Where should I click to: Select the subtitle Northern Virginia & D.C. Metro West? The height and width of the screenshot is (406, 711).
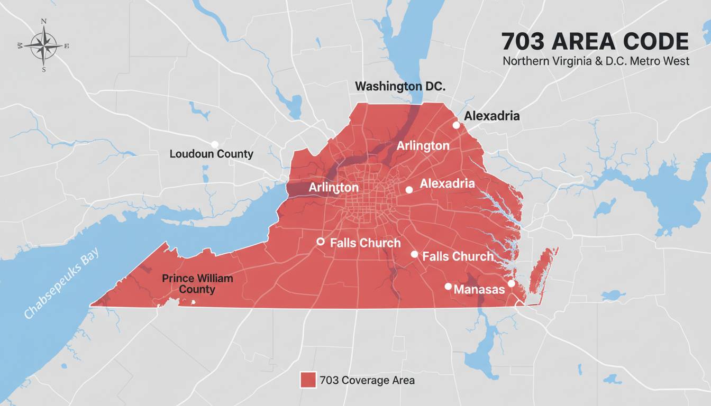pos(596,61)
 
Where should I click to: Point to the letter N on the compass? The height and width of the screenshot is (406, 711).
pos(43,22)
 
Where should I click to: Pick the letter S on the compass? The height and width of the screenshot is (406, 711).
pos(43,69)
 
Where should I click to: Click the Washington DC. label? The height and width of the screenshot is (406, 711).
pos(400,86)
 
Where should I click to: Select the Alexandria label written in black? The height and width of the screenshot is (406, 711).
pos(492,116)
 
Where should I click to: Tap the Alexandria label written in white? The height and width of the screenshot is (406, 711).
pos(447,183)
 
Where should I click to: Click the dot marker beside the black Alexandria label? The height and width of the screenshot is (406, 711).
pos(456,125)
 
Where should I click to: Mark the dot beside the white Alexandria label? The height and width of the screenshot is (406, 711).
pos(409,190)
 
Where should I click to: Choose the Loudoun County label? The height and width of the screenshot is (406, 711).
pos(211,154)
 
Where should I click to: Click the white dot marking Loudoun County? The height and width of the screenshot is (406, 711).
pos(214,144)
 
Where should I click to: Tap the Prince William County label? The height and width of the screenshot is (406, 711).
pos(197,283)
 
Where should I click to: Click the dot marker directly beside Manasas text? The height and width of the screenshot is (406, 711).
pos(448,287)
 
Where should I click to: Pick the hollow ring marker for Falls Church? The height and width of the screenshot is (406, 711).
pos(320,242)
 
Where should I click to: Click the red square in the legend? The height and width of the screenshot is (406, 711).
pos(308,380)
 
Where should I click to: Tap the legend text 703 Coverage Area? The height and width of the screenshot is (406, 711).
pos(367,380)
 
